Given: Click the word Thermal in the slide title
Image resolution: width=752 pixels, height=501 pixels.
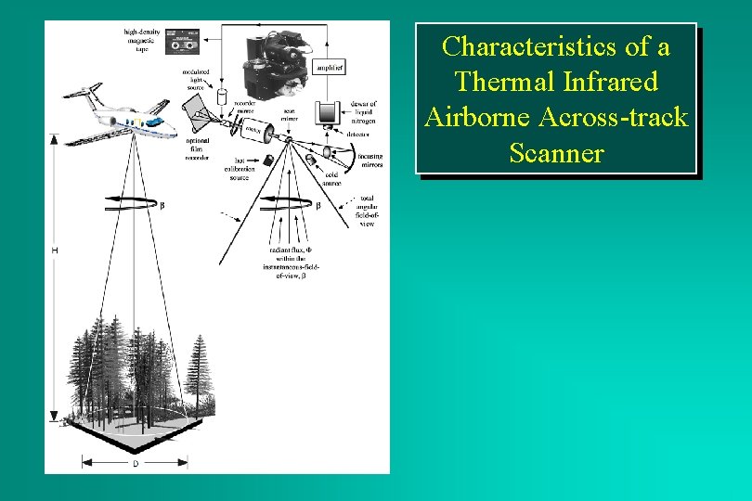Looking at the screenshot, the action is (500, 82).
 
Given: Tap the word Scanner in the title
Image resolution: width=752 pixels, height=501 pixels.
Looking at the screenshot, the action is (556, 152).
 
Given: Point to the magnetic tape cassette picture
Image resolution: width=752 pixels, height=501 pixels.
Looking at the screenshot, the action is (184, 42).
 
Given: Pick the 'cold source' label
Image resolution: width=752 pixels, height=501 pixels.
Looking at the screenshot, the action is (331, 179).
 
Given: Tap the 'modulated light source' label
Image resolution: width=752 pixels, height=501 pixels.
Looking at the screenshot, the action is (196, 79).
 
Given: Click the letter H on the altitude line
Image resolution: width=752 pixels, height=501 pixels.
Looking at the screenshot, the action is (55, 250).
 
